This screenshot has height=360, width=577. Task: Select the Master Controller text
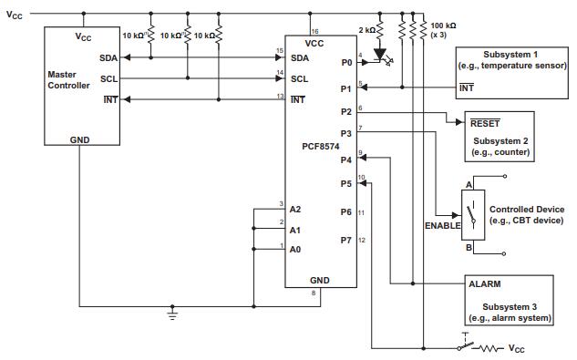point(68,78)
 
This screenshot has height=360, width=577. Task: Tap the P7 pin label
point(345,240)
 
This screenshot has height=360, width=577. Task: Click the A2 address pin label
point(294,209)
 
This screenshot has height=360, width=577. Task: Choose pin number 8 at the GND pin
point(314,293)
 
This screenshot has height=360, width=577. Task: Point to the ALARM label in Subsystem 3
point(484,283)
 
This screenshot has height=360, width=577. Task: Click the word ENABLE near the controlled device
point(442,225)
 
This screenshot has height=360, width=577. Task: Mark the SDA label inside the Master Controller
point(108,57)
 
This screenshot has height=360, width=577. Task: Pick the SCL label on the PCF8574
point(299,78)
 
